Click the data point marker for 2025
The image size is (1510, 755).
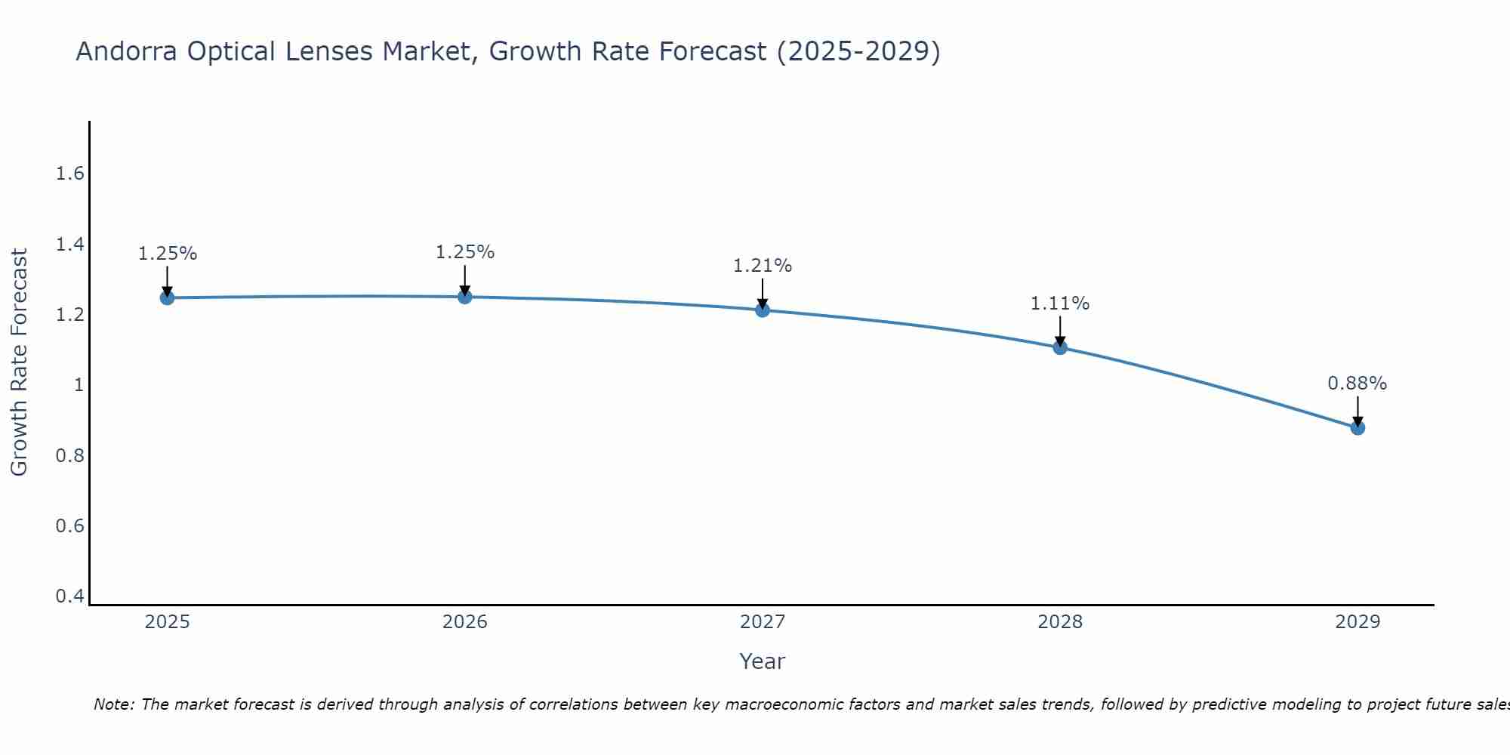pyautogui.click(x=167, y=298)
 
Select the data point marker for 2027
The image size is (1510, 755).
pyautogui.click(x=763, y=310)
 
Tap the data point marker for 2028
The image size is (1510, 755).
pyautogui.click(x=1060, y=347)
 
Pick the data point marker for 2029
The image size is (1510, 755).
pyautogui.click(x=1357, y=428)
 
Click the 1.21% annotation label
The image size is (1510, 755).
pyautogui.click(x=763, y=266)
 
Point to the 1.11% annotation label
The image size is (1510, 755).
pyautogui.click(x=1060, y=304)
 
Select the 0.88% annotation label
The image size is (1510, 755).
pyautogui.click(x=1357, y=384)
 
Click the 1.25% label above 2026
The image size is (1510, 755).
pyautogui.click(x=465, y=252)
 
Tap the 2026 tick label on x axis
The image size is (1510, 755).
pyautogui.click(x=465, y=622)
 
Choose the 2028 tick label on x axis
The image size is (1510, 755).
pyautogui.click(x=1060, y=622)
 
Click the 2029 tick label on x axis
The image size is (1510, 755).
pyautogui.click(x=1357, y=622)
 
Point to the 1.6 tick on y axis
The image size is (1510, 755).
pyautogui.click(x=69, y=174)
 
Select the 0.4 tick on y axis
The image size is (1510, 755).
pyautogui.click(x=69, y=596)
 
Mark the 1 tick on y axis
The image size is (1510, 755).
pyautogui.click(x=78, y=385)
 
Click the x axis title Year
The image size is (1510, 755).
pyautogui.click(x=763, y=661)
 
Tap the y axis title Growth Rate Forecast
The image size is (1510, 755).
pyautogui.click(x=19, y=362)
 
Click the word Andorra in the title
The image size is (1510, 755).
pyautogui.click(x=127, y=51)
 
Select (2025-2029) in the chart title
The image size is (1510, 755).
pyautogui.click(x=858, y=51)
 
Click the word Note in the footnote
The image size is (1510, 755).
pyautogui.click(x=114, y=704)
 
